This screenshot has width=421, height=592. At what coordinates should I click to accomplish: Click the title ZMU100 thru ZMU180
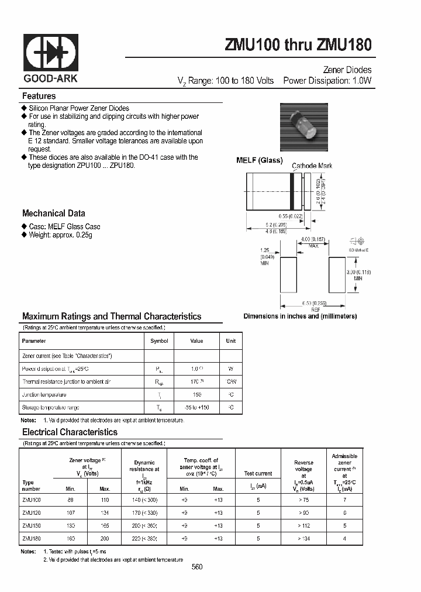point(298,45)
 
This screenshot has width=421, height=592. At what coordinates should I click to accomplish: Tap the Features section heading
point(39,96)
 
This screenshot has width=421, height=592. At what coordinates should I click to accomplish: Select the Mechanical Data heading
point(54,214)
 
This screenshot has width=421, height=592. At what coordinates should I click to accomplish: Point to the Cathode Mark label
point(312,166)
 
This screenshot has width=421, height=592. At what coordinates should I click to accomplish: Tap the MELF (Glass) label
point(259,160)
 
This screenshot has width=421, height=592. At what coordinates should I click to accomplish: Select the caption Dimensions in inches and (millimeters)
point(300,316)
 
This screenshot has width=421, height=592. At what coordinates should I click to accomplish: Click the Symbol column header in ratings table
point(159,341)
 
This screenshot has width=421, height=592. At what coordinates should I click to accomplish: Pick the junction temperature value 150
point(196,394)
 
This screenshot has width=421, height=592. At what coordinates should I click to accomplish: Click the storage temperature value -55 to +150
point(196,407)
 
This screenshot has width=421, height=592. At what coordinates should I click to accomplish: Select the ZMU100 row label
point(32,500)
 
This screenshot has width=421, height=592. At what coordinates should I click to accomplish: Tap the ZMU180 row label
point(32,539)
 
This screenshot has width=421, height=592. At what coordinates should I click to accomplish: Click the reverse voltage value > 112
point(303,526)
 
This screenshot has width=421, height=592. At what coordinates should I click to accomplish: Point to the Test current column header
point(258,474)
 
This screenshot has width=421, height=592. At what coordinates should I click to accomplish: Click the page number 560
point(197,567)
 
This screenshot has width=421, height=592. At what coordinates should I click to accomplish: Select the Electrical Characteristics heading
point(70,432)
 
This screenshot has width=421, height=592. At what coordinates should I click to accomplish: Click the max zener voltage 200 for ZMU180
point(105,539)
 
